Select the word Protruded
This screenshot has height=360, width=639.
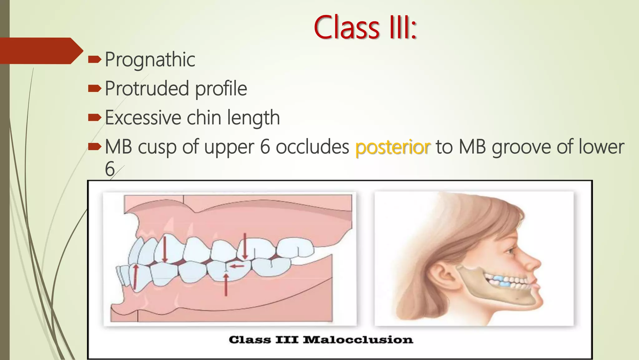coord(147,88)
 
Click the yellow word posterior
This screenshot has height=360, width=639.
coord(393,147)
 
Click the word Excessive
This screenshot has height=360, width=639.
coord(143,118)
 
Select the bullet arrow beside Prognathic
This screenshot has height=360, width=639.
coord(95,59)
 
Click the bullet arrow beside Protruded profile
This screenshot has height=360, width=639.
coord(95,88)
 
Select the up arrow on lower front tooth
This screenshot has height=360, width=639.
coord(135,277)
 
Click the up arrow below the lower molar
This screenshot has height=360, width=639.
coord(226,285)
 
